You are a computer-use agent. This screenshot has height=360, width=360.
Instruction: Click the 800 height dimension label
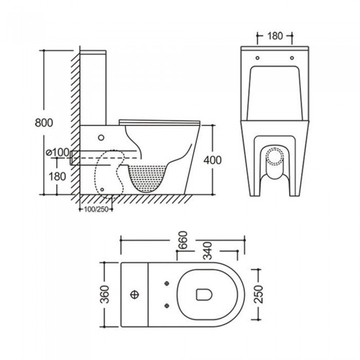point(44,122)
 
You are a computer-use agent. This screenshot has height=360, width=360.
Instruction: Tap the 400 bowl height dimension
point(212,160)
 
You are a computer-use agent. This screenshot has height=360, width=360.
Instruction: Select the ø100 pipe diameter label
point(58,152)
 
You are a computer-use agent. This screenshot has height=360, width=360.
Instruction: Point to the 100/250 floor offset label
point(96,209)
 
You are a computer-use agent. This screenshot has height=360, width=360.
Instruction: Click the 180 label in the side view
point(58,176)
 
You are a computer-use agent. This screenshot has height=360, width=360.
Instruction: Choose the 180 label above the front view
point(275,36)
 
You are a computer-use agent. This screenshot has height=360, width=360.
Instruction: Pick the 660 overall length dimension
point(183,240)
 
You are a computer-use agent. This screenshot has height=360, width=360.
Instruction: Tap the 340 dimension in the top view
point(208,251)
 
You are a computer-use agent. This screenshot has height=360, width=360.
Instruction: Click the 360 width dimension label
point(105,294)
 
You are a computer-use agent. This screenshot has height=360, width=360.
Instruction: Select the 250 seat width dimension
point(259,294)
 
